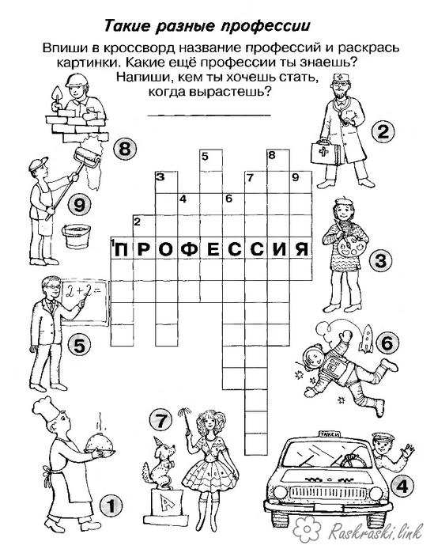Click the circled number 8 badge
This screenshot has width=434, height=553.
(125, 150)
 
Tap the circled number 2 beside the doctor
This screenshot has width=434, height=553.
(383, 132)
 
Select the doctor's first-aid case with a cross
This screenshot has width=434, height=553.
(325, 153)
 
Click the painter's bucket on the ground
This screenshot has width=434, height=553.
(75, 237)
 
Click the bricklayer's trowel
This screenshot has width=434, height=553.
(56, 94)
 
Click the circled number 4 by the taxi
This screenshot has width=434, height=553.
(401, 487)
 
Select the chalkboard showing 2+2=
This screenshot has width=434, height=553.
(85, 301)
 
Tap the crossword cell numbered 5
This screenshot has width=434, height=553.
(211, 161)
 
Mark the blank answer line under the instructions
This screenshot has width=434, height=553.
(209, 115)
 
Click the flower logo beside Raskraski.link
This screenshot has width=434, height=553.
(308, 529)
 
